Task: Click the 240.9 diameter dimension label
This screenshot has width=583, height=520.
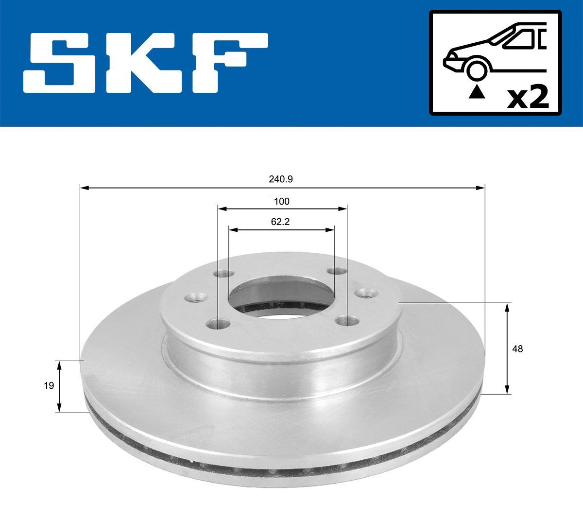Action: pos(281,179)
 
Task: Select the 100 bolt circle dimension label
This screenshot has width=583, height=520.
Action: pos(281,201)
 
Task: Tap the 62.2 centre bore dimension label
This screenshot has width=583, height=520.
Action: pos(281,222)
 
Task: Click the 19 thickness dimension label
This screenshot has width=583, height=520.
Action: pos(49,386)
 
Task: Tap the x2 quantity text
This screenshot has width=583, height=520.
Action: pos(528,98)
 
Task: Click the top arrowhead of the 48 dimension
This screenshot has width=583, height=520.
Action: pos(507,307)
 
